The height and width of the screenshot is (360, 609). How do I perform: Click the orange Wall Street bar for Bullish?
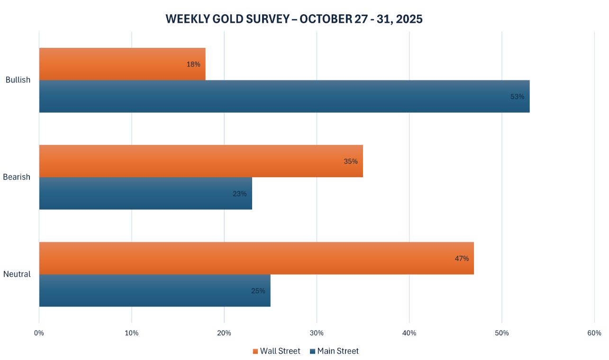[122, 64]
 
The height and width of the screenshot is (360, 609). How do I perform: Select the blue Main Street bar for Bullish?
[284, 97]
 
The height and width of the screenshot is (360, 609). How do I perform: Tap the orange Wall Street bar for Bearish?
[200, 161]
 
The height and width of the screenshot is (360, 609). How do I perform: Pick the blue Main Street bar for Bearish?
[145, 193]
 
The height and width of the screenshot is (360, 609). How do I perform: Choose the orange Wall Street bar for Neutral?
[256, 258]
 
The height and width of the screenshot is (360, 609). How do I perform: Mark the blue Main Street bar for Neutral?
[155, 290]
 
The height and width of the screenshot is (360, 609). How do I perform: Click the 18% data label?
[193, 64]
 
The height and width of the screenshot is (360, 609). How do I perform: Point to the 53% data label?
[517, 97]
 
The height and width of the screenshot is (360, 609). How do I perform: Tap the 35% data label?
[351, 162]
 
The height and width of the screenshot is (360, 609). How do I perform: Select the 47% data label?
[462, 259]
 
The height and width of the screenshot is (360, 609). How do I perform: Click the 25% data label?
[258, 291]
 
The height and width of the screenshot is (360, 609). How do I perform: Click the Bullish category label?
[18, 80]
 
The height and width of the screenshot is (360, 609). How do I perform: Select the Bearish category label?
[17, 177]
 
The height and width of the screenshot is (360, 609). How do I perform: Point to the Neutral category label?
[17, 274]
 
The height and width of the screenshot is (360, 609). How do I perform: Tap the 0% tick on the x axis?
[39, 333]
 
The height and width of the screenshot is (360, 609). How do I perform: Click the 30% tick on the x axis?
[317, 333]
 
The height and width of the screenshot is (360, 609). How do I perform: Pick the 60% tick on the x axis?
[594, 333]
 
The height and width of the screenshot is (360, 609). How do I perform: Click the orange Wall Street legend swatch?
[255, 351]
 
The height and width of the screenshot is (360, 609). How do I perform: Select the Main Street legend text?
[338, 351]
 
